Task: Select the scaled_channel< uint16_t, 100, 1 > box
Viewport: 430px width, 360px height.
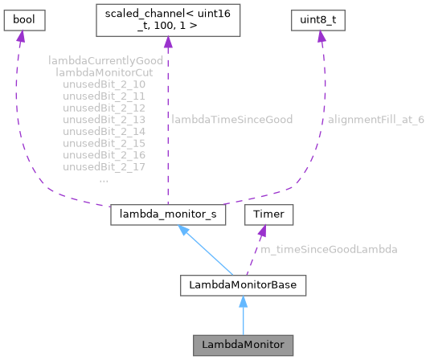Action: click(166, 20)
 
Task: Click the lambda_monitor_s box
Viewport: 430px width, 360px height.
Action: click(166, 216)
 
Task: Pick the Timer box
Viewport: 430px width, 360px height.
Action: click(268, 215)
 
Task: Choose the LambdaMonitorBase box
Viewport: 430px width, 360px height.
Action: click(243, 284)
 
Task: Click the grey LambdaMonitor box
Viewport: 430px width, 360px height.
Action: click(243, 345)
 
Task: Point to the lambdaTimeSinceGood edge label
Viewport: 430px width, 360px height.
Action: click(231, 119)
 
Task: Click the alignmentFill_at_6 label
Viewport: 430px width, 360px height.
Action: click(375, 119)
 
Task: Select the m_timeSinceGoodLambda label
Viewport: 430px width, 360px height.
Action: click(329, 250)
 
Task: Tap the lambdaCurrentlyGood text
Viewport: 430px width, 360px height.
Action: click(105, 60)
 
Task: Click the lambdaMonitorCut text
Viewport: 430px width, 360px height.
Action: click(105, 72)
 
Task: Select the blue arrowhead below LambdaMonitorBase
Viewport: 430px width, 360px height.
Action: click(243, 301)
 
